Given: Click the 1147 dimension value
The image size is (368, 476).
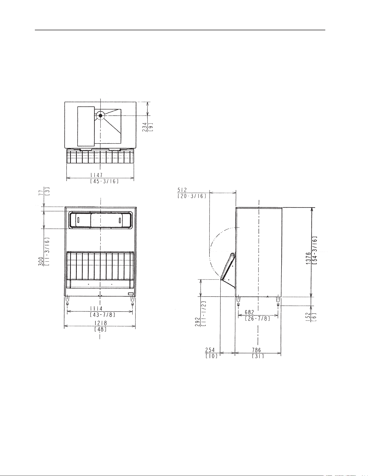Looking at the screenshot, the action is [96, 175].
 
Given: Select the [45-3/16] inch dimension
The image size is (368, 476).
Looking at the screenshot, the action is [104, 181].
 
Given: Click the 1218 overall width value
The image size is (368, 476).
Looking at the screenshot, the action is [100, 323].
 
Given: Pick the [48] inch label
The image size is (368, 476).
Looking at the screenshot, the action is [100, 329].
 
